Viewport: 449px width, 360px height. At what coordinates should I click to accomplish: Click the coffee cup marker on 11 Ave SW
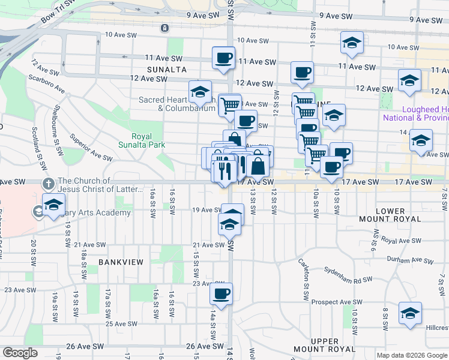223,59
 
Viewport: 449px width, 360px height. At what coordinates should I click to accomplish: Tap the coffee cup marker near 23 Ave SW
221,294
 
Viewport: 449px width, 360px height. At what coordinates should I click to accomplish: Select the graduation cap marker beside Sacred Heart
200,92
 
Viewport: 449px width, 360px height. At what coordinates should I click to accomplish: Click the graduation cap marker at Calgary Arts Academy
53,204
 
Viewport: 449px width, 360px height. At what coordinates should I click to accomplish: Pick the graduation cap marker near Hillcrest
411,314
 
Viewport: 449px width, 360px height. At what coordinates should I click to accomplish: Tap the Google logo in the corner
20,352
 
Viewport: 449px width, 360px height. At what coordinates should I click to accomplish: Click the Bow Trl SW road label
59,11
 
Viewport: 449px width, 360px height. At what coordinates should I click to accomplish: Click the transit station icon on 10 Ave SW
164,28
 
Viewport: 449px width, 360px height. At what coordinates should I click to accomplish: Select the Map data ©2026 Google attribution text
412,355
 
